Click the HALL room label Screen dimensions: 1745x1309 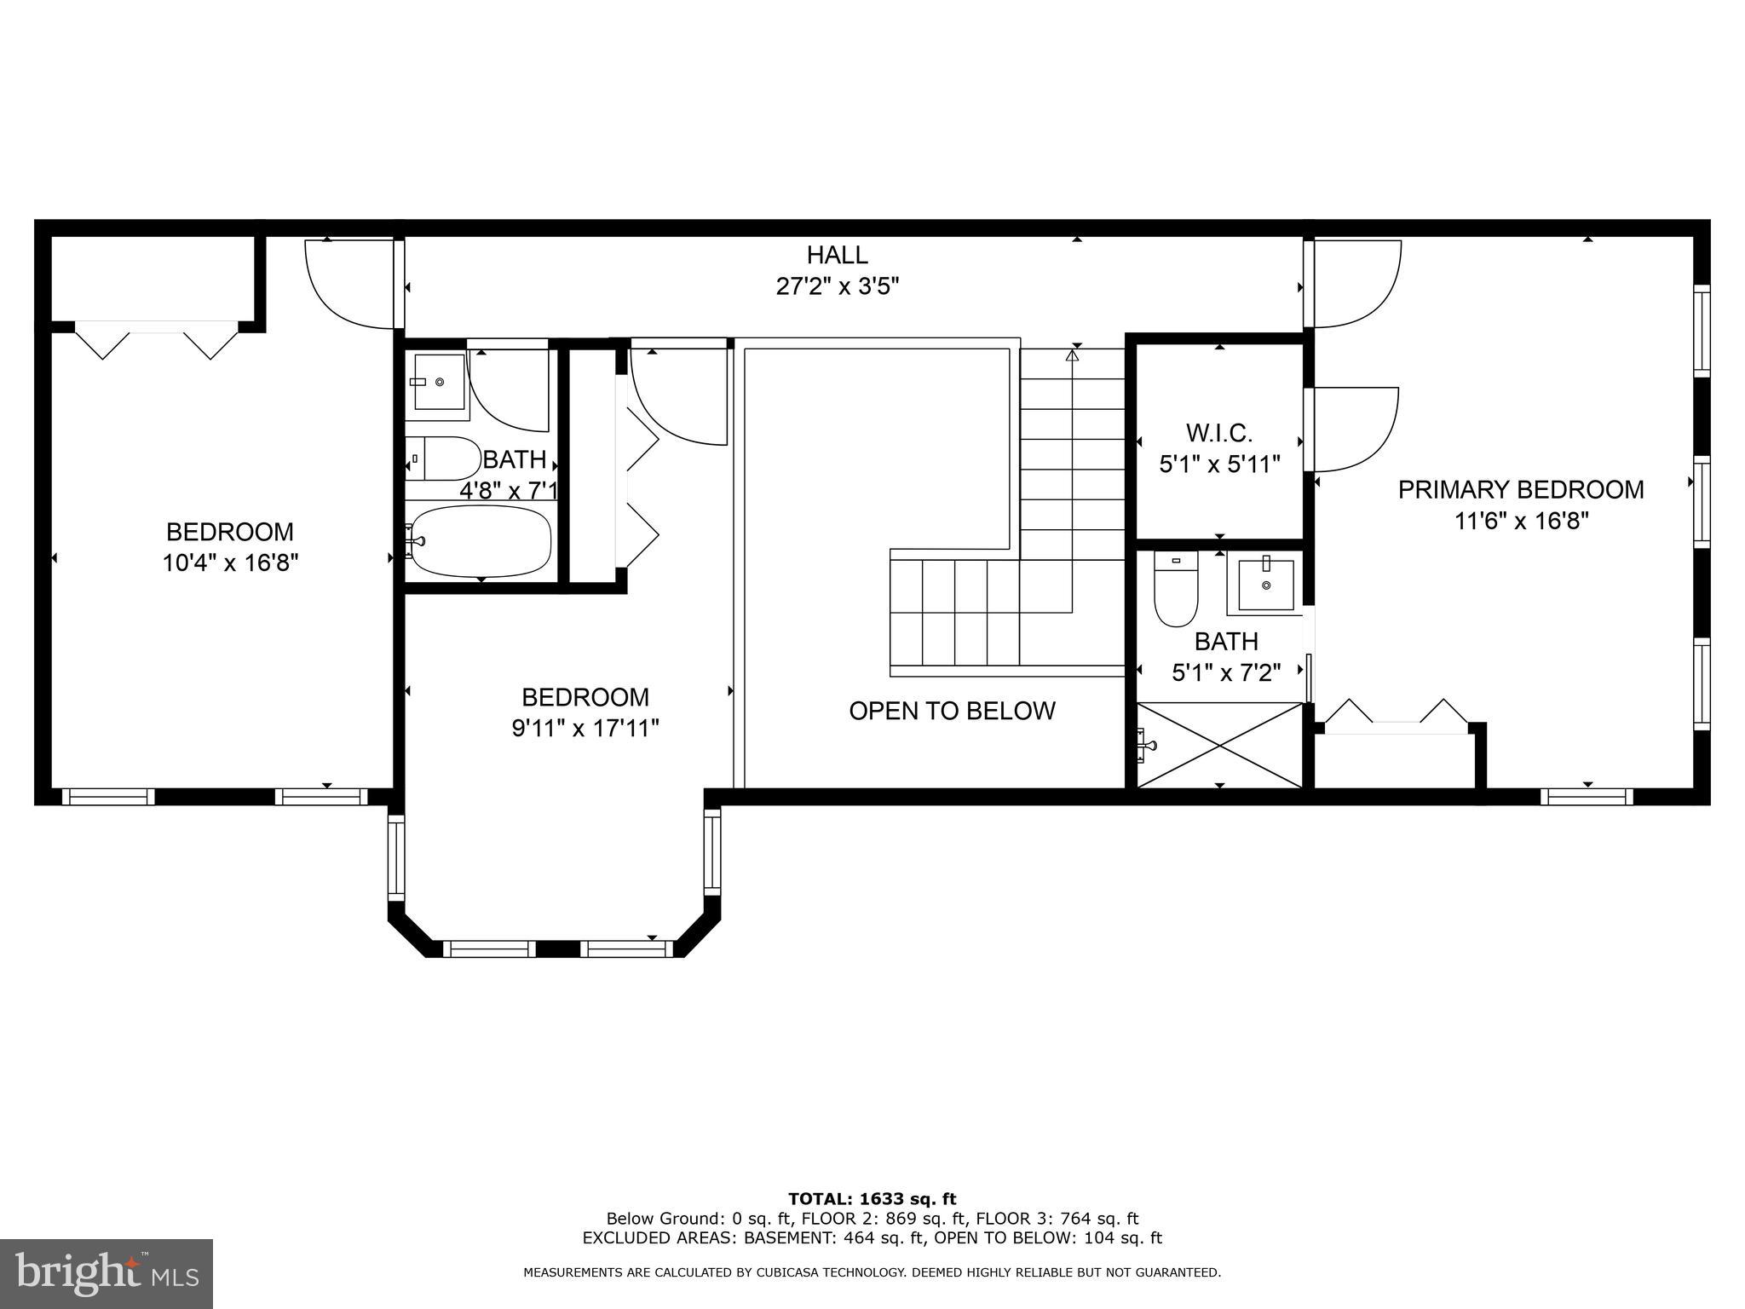pos(838,255)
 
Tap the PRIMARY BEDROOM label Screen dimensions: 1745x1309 pos(1521,490)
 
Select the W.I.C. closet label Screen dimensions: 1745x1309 pos(1219,434)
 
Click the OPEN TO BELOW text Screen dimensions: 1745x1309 pos(952,711)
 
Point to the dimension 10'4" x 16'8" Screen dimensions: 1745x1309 pos(230,563)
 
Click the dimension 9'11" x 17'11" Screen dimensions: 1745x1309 pos(585,729)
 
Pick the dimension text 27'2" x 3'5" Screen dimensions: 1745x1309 pos(838,286)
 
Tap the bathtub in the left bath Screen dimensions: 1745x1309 pos(479,541)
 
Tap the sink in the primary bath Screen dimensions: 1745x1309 pos(1265,584)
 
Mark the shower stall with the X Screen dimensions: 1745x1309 pos(1220,745)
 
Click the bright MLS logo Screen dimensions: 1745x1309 pos(107,1273)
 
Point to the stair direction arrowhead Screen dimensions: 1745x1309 pos(1073,355)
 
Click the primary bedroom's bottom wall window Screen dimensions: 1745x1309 pos(1587,797)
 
